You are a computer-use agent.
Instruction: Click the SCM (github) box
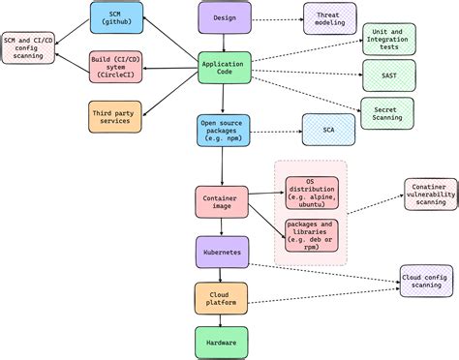click(x=114, y=17)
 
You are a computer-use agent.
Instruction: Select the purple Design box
click(x=225, y=17)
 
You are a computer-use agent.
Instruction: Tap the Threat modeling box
click(x=329, y=17)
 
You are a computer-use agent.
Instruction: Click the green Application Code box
click(x=223, y=69)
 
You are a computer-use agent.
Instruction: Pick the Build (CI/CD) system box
click(x=114, y=68)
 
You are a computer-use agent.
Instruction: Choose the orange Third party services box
click(x=114, y=118)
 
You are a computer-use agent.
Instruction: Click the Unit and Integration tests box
click(x=387, y=39)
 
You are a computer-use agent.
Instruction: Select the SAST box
click(x=387, y=75)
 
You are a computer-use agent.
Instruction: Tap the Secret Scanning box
click(x=387, y=112)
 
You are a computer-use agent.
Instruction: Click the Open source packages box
click(x=223, y=130)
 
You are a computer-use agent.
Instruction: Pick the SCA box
click(x=329, y=130)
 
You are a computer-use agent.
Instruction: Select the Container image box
click(x=222, y=201)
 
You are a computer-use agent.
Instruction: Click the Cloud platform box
click(x=222, y=297)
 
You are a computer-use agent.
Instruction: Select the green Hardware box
click(x=222, y=341)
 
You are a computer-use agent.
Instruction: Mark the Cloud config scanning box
click(x=426, y=281)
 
